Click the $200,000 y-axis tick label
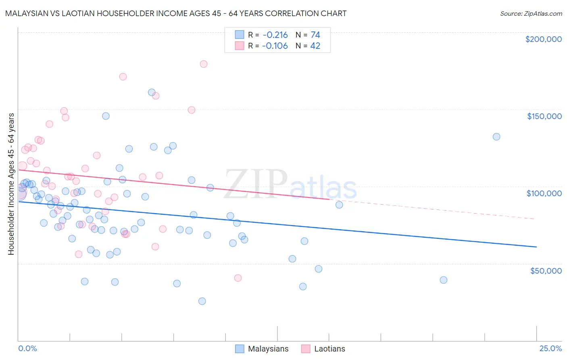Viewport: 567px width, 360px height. [x=543, y=39]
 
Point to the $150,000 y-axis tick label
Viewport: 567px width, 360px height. [x=544, y=116]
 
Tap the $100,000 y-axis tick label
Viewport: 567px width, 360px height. [x=544, y=193]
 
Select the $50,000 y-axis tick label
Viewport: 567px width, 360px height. [x=546, y=270]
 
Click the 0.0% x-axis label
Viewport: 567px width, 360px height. [x=27, y=348]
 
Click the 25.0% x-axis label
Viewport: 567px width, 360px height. [x=550, y=348]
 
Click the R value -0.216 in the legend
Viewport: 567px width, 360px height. [x=275, y=35]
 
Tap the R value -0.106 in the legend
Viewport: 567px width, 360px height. [x=275, y=46]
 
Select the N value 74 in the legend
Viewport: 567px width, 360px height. [x=315, y=35]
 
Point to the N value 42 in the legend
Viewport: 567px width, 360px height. [x=315, y=46]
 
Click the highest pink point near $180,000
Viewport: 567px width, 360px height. [x=204, y=64]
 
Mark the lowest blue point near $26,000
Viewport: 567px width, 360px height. [x=202, y=301]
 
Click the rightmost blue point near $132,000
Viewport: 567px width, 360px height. [x=496, y=137]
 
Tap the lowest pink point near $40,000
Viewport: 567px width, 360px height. [x=238, y=278]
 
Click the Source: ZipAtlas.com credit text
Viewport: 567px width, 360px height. [x=531, y=13]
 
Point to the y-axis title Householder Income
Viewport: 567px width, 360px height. [x=11, y=184]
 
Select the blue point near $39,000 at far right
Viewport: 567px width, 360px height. [x=444, y=280]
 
